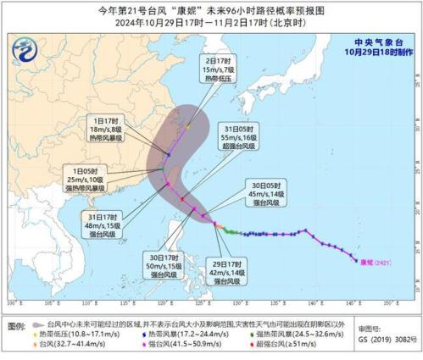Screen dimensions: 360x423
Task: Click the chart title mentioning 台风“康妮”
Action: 211,11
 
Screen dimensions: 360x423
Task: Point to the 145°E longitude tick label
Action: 353,302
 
